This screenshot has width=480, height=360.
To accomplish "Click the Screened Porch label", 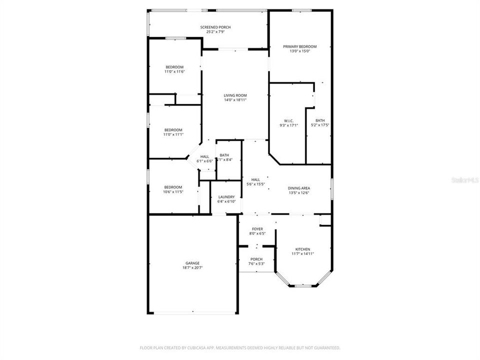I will [x=215, y=27].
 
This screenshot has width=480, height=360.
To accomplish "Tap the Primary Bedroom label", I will [x=300, y=46].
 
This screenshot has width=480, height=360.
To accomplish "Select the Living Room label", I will [x=235, y=95].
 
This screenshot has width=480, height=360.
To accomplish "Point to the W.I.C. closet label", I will [x=288, y=121].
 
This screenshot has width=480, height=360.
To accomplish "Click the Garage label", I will [x=193, y=263].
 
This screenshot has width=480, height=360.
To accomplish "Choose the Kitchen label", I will [x=302, y=249].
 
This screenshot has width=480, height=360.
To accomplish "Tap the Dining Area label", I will [x=299, y=188].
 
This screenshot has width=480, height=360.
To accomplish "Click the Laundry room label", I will [x=226, y=197].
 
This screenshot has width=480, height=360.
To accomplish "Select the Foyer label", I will [x=257, y=229].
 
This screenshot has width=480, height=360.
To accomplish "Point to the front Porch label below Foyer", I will [x=256, y=259].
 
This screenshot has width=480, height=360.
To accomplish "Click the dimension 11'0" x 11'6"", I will [x=174, y=71].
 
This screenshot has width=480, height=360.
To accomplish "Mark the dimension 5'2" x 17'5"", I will [x=320, y=125].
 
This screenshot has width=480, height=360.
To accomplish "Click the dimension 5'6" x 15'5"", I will [x=255, y=184].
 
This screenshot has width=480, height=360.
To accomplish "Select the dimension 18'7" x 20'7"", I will [x=193, y=267].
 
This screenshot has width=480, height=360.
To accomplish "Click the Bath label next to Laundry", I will [x=224, y=155].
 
